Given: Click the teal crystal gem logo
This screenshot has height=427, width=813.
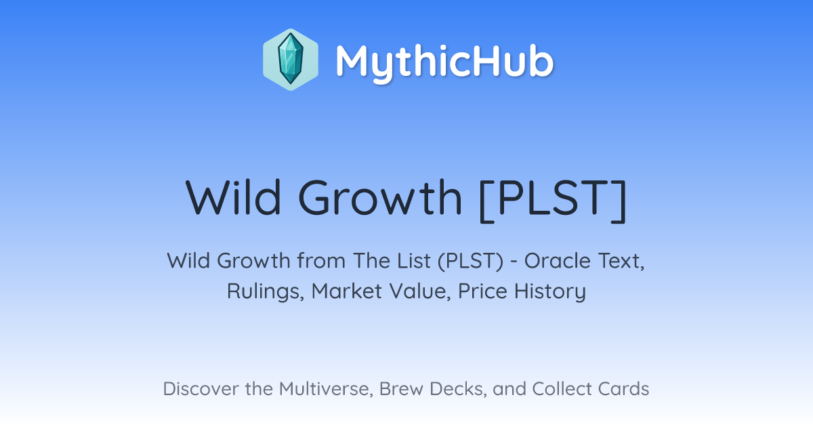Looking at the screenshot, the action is click(x=291, y=60).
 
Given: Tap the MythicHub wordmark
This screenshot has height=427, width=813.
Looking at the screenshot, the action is click(x=444, y=60).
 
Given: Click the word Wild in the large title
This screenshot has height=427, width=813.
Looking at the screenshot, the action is click(x=233, y=197).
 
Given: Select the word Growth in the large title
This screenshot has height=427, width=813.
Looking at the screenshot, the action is click(x=380, y=197).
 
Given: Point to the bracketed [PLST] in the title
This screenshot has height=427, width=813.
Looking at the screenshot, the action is click(x=553, y=199).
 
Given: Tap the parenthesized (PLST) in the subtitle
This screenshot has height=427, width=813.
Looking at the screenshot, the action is click(x=470, y=261).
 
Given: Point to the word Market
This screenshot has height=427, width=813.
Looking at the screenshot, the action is click(x=347, y=291).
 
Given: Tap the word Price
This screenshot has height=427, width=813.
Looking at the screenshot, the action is click(x=482, y=291).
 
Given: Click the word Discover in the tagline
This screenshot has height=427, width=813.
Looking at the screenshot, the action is click(x=201, y=388).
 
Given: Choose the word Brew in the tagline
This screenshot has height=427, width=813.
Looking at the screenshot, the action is click(x=401, y=388).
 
